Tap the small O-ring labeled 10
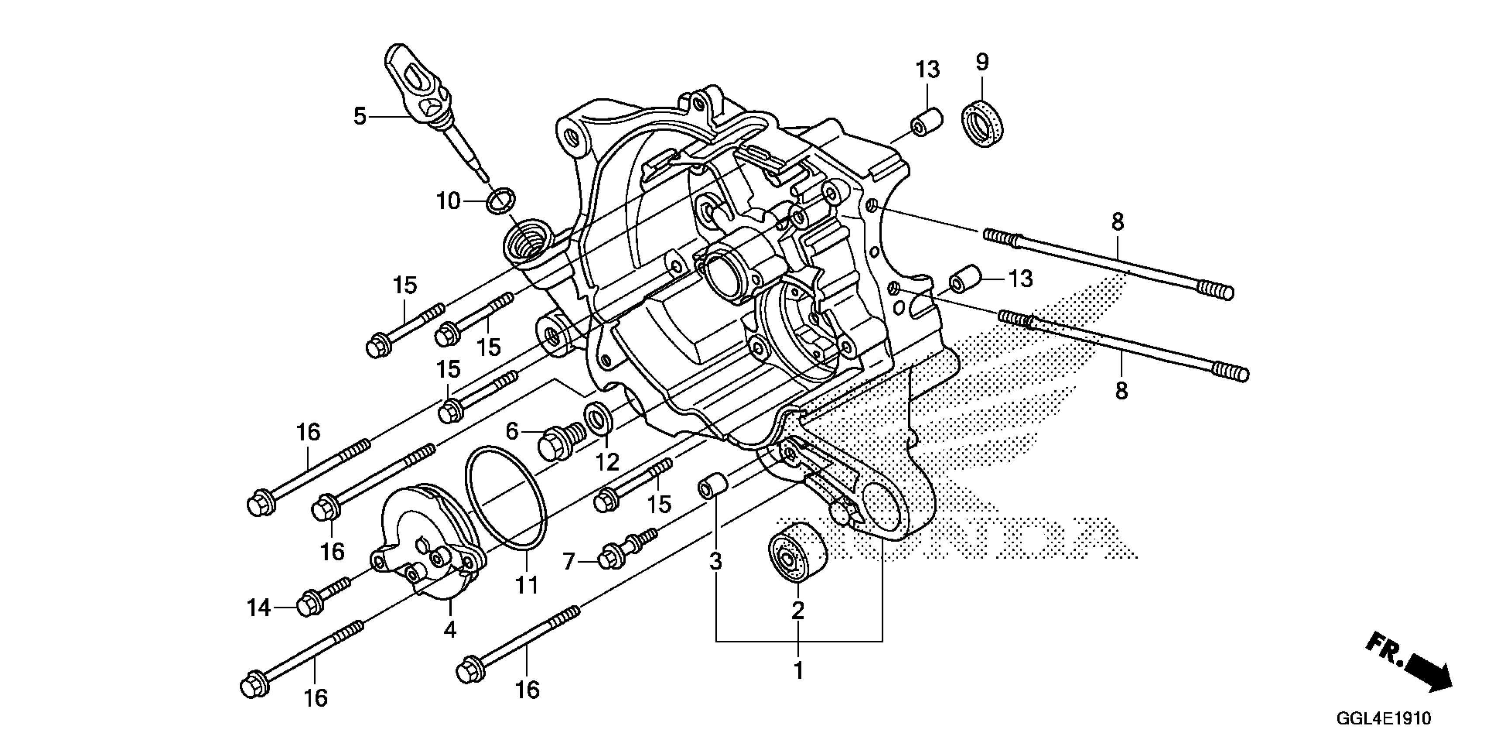tap(501, 200)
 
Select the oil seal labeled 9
tap(982, 123)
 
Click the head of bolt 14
tap(308, 604)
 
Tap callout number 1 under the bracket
tap(798, 670)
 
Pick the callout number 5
tap(360, 117)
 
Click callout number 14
tap(259, 608)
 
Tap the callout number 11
tap(526, 586)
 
